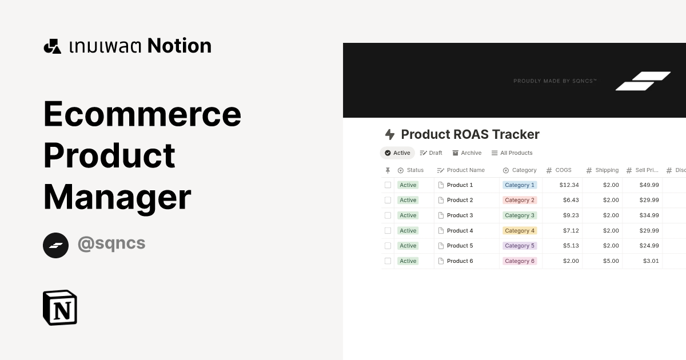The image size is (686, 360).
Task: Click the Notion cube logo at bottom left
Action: pyautogui.click(x=60, y=307)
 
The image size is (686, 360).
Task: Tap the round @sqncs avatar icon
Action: pyautogui.click(x=55, y=245)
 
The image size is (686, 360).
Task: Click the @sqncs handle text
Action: pyautogui.click(x=111, y=243)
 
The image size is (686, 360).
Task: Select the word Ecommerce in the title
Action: pyautogui.click(x=142, y=113)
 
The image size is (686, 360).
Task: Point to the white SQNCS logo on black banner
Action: pyautogui.click(x=643, y=81)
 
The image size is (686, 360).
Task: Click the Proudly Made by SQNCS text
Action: pyautogui.click(x=555, y=81)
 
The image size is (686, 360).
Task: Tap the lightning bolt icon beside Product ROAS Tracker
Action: pyautogui.click(x=390, y=134)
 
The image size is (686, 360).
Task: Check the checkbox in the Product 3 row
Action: pyautogui.click(x=388, y=215)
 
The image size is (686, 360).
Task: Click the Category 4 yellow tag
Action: pyautogui.click(x=519, y=231)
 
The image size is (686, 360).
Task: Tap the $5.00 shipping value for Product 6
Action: pyautogui.click(x=611, y=261)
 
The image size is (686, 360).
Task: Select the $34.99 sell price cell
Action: pyautogui.click(x=649, y=215)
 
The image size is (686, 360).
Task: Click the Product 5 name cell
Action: pyautogui.click(x=460, y=246)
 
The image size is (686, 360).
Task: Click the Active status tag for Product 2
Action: pyautogui.click(x=408, y=200)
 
